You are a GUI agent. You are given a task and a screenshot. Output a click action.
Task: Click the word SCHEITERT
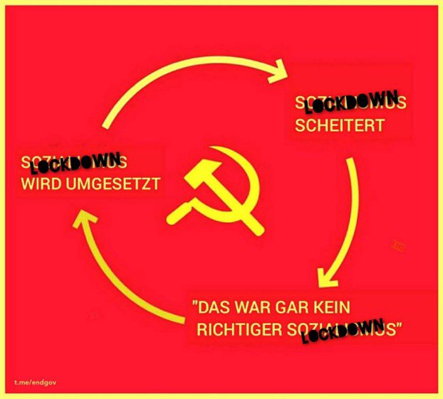[340, 125]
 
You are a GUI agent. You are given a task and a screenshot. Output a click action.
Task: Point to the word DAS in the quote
[215, 310]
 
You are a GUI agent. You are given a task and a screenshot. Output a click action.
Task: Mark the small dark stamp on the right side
[398, 247]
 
